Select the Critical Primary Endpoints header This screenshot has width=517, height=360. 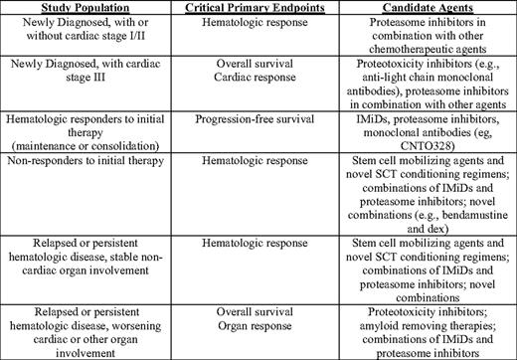coord(264,8)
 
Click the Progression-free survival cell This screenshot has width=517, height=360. coord(264,119)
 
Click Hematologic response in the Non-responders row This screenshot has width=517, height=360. coord(264,170)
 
